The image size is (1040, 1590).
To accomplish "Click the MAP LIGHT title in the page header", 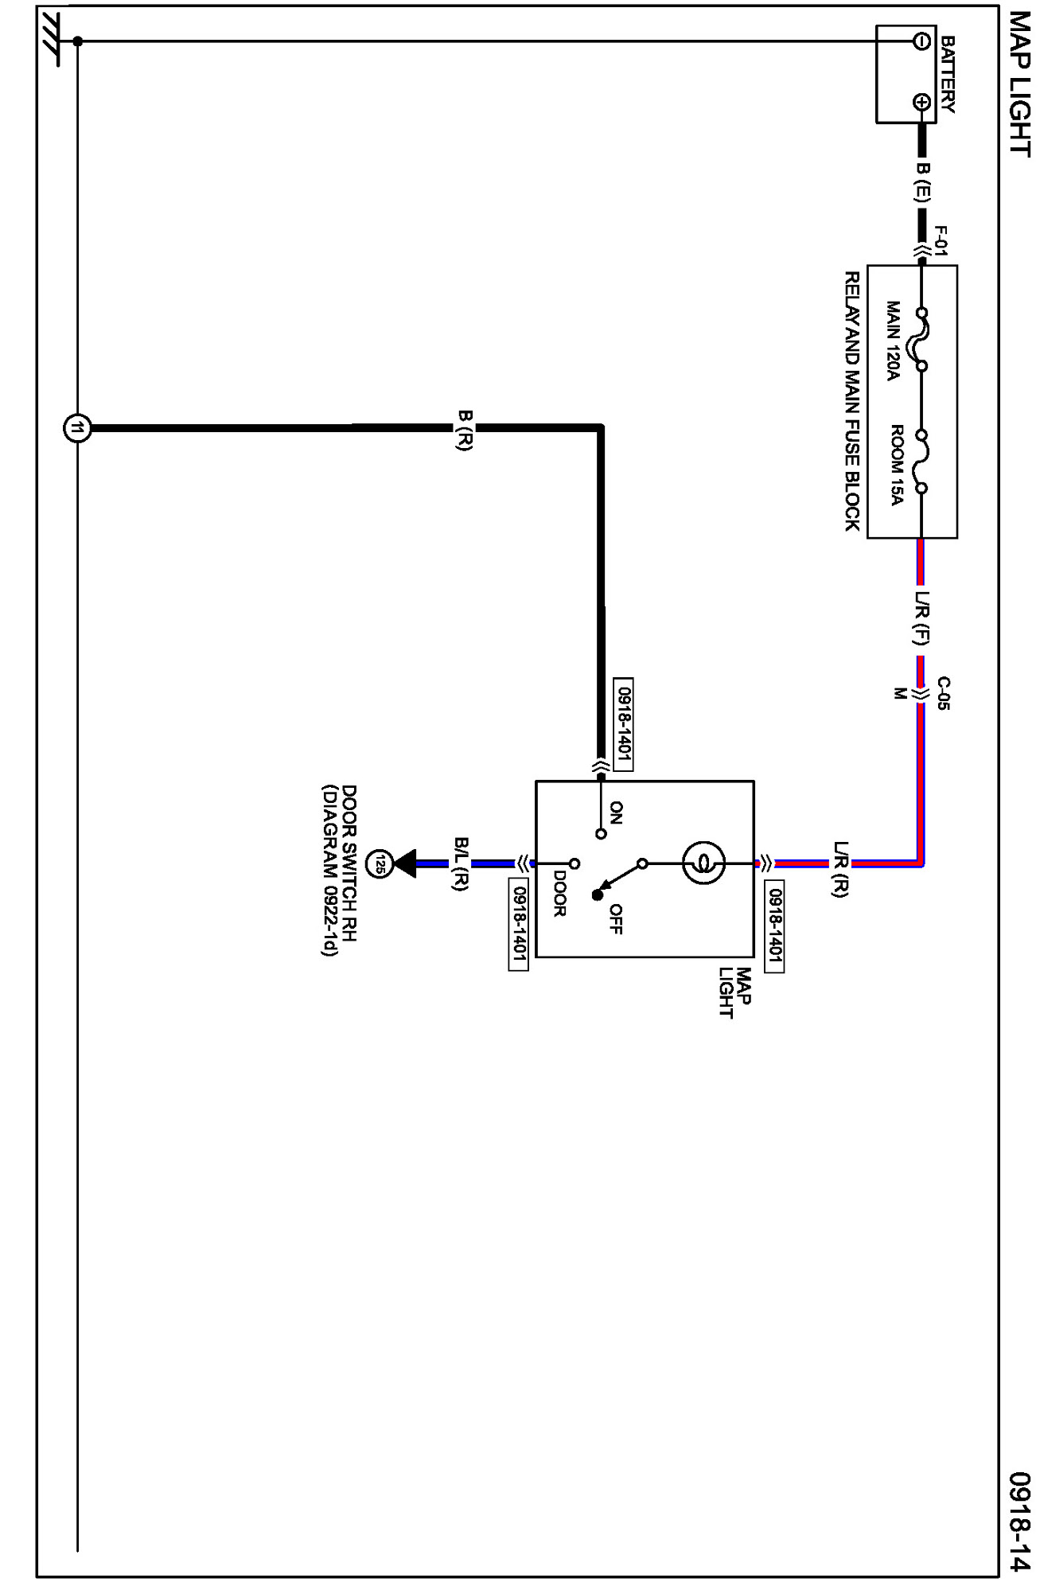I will pos(1019,84).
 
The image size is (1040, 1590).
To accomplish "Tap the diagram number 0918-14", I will pos(1019,1521).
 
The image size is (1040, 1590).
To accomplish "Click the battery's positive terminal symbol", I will pos(921,102).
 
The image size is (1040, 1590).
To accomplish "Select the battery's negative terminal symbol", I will pos(921,41).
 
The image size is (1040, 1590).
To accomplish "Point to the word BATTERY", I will pos(947,74).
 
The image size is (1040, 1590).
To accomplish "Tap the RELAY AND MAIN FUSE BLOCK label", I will pos(852,401).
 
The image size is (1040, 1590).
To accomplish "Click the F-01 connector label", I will pos(941,241).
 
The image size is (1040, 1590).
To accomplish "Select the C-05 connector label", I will pos(943,692).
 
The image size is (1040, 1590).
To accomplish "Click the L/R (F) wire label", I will pos(922,617).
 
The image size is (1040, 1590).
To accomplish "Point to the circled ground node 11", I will pos(77,428).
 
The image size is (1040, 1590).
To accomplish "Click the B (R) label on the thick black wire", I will pos(465,430).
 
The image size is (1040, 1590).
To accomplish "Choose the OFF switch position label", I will pos(615,918).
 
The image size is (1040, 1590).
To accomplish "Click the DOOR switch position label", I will pos(559,894).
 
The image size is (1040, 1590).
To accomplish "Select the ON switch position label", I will pos(616,813).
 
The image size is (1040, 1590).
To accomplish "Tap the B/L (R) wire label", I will pos(461,863).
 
